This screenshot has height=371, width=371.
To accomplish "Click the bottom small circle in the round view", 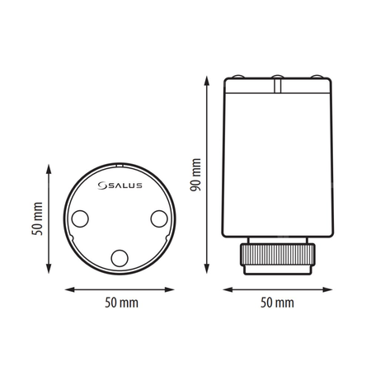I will click(120, 258).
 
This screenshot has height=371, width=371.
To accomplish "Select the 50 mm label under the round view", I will click(120, 303).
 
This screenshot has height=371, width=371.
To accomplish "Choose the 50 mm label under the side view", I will click(277, 303).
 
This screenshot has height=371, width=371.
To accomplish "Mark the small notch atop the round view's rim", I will click(120, 164).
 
